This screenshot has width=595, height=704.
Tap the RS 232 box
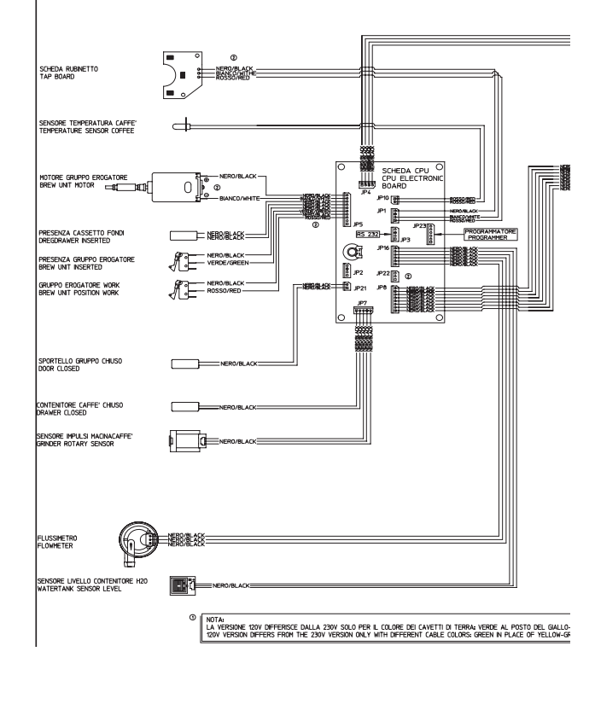[369, 232]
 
